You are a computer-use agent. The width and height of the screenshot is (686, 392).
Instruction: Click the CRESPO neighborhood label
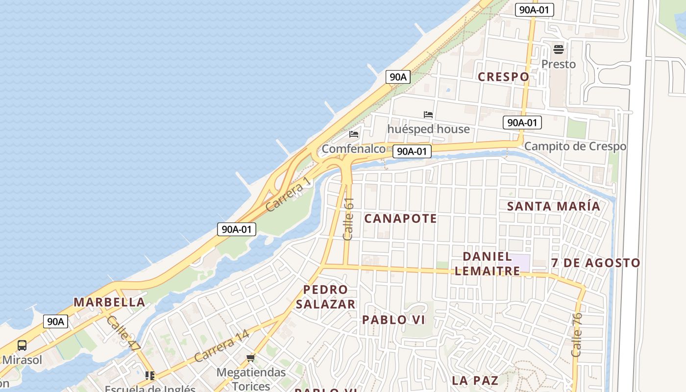(x=503, y=77)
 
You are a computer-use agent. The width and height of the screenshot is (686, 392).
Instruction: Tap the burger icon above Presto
(x=559, y=49)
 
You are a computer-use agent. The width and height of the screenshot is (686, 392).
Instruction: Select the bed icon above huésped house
(x=428, y=115)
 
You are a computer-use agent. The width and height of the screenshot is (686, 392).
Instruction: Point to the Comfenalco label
(x=353, y=149)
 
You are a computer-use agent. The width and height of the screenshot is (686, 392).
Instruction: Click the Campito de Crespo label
(x=575, y=147)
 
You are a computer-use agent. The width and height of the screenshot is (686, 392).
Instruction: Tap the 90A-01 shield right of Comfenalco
(x=412, y=151)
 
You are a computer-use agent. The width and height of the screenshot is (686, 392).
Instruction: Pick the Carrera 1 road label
(x=288, y=195)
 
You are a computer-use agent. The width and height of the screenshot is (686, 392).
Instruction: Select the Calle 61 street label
(x=348, y=219)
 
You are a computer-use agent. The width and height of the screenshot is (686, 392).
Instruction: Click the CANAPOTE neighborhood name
(x=400, y=219)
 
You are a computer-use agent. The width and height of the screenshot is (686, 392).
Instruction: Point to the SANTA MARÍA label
(x=554, y=206)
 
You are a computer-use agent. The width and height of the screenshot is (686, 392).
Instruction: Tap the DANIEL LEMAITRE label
(x=488, y=264)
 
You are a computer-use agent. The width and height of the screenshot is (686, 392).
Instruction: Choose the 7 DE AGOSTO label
(x=595, y=263)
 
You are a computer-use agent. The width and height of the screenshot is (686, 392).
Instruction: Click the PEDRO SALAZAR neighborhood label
(x=325, y=297)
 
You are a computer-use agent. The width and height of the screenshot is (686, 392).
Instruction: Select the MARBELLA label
(x=109, y=302)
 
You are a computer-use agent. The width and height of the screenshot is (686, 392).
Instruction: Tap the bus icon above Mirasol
(x=22, y=345)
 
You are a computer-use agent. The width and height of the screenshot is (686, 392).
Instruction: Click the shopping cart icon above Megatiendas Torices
(x=251, y=358)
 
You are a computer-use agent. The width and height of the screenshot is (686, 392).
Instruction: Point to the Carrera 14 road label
(x=221, y=346)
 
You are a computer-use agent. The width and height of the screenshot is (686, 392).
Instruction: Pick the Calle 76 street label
(x=577, y=335)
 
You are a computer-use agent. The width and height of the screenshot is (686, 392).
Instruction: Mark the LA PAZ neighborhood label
(x=475, y=380)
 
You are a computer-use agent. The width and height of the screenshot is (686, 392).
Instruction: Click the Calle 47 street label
(x=123, y=334)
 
